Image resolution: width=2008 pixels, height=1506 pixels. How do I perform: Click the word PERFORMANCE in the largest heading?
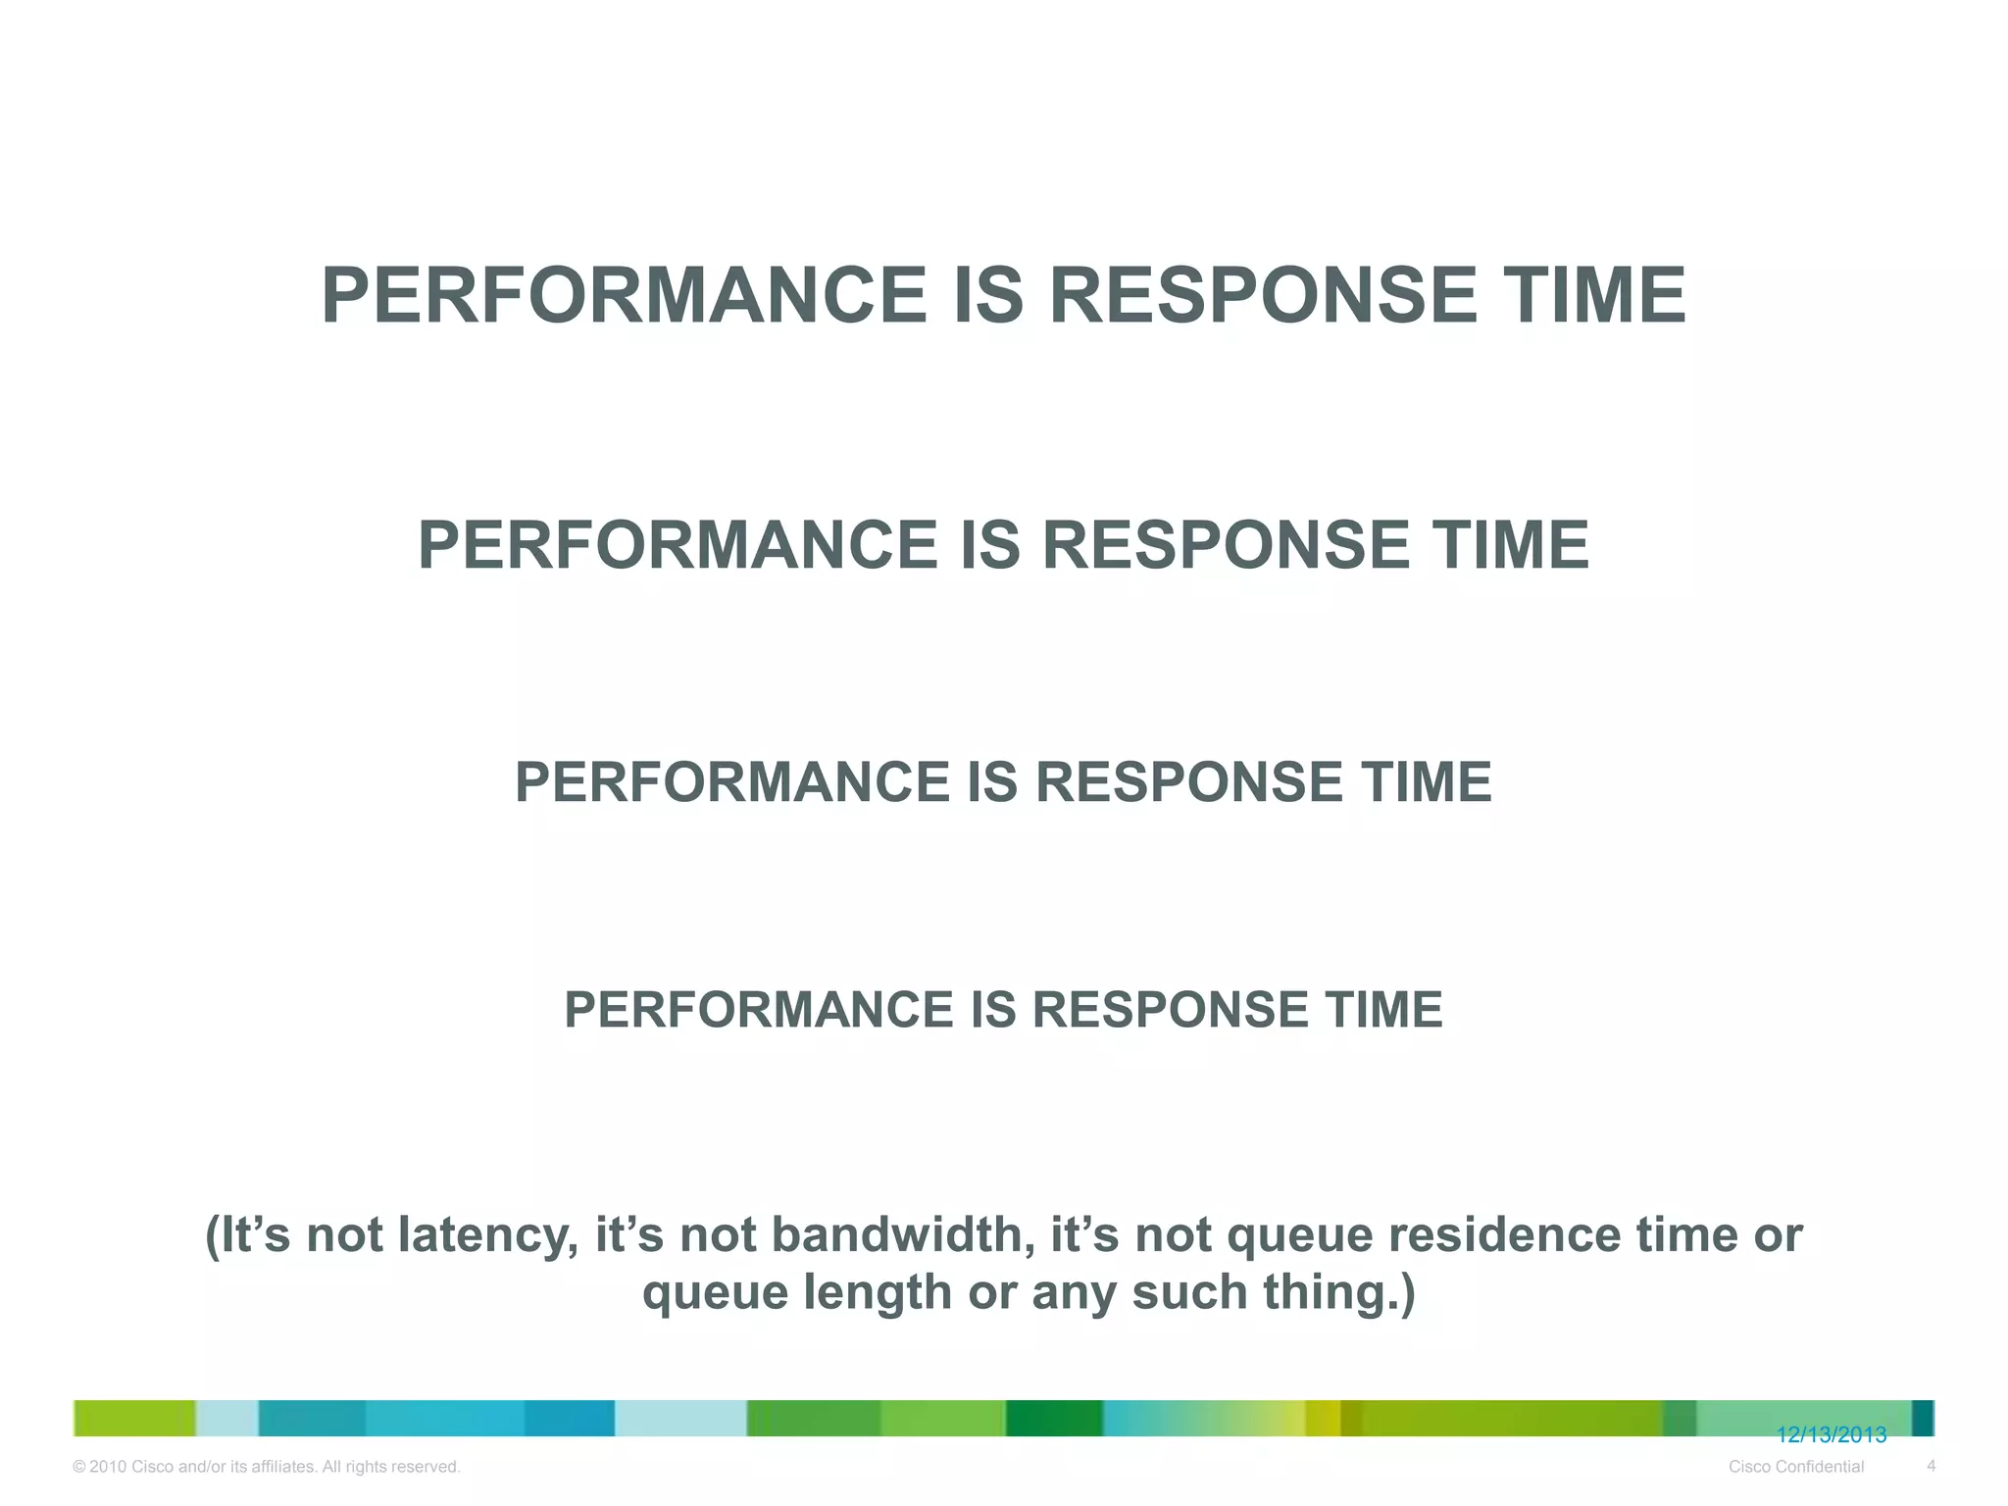click(624, 296)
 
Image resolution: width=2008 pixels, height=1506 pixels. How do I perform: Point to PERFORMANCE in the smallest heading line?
click(758, 1010)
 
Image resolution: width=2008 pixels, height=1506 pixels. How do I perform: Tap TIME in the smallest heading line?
click(1383, 1010)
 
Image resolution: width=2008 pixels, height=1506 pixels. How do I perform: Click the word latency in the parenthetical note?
click(486, 1234)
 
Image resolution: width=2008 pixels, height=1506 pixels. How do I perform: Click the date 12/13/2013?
click(1832, 1435)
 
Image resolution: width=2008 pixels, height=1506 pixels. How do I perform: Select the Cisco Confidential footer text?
click(1796, 1467)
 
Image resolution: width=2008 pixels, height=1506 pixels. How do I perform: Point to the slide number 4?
click(1931, 1466)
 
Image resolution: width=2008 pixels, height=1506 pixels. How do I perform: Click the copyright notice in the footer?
click(267, 1467)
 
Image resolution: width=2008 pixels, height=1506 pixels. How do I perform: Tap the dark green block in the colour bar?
click(1054, 1418)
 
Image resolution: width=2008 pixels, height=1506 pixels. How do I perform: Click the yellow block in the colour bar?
click(1323, 1418)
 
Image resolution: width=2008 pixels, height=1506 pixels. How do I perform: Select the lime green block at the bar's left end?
click(134, 1418)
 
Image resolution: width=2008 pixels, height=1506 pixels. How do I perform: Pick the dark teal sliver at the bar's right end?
click(1923, 1418)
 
